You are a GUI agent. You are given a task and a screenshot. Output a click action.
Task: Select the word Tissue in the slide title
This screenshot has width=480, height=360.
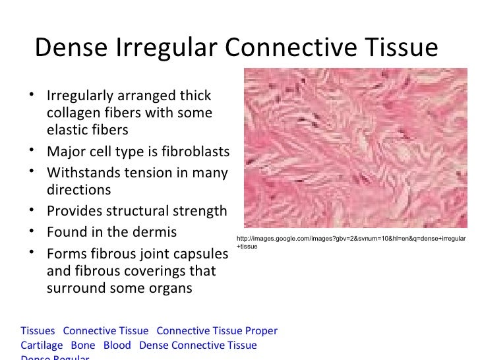tap(398, 47)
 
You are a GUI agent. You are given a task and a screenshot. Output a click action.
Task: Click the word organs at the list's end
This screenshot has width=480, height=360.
tap(170, 288)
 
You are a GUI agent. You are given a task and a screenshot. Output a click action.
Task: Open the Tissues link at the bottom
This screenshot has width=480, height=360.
tap(38, 331)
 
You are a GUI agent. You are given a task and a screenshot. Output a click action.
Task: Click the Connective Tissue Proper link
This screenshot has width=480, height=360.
tap(217, 331)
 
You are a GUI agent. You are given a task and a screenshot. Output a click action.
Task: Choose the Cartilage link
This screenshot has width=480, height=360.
tap(42, 345)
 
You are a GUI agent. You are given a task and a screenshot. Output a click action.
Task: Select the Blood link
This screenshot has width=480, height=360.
tap(118, 345)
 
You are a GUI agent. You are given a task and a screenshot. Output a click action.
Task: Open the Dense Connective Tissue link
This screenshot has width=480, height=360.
tap(198, 345)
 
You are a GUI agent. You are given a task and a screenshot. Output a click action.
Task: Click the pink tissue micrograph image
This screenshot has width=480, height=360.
tap(354, 148)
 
